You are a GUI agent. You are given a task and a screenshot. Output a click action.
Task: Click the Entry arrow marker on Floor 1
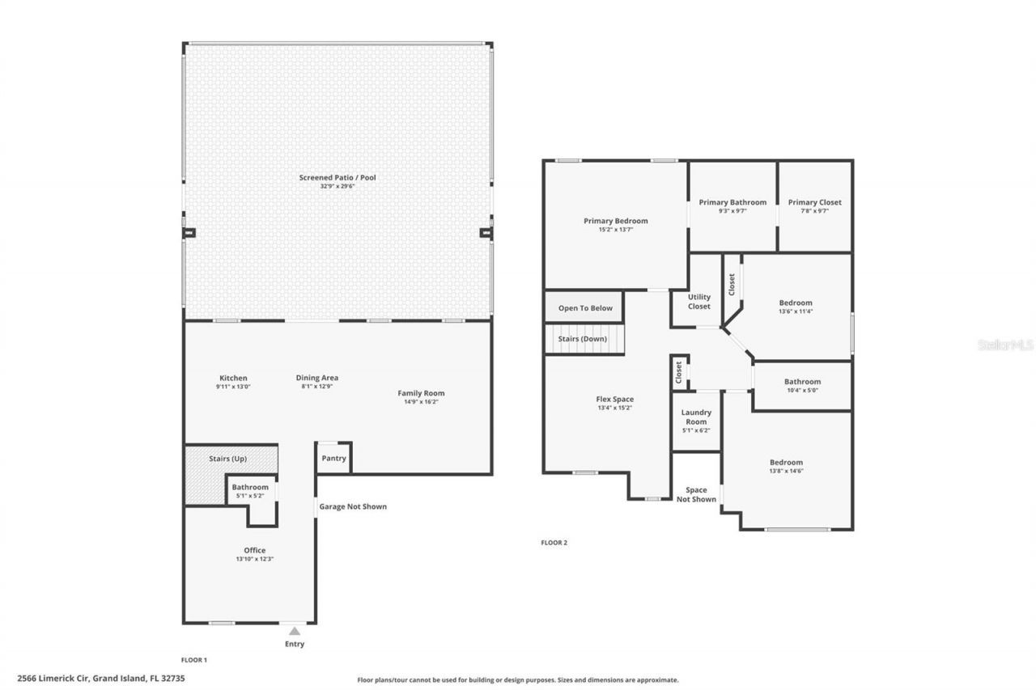(295, 631)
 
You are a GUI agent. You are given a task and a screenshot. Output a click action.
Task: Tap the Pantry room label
(333, 459)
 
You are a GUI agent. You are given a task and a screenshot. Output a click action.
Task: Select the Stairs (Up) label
(227, 459)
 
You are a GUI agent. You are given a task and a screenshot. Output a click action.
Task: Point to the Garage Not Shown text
(352, 506)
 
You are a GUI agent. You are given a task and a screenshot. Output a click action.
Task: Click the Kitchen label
(233, 378)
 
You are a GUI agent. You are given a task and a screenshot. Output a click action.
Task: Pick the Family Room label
(421, 393)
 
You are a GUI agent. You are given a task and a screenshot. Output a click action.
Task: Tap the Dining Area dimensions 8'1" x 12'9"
(317, 387)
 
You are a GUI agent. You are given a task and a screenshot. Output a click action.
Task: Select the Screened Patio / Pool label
(338, 177)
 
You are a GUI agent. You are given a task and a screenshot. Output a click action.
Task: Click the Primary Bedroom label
(615, 221)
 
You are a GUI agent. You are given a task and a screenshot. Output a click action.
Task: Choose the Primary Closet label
(815, 202)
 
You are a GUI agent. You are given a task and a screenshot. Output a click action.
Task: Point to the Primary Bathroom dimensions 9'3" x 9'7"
(732, 211)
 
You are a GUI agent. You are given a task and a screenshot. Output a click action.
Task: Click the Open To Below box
(585, 308)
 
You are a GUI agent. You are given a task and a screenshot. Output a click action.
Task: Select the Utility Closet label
(698, 302)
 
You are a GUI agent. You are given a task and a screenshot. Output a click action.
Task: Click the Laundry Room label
(696, 417)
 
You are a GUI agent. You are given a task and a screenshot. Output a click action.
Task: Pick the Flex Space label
(614, 399)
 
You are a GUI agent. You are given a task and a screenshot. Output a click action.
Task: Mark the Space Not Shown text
(696, 494)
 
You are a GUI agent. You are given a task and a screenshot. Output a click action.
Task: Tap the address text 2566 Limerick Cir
(53, 679)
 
